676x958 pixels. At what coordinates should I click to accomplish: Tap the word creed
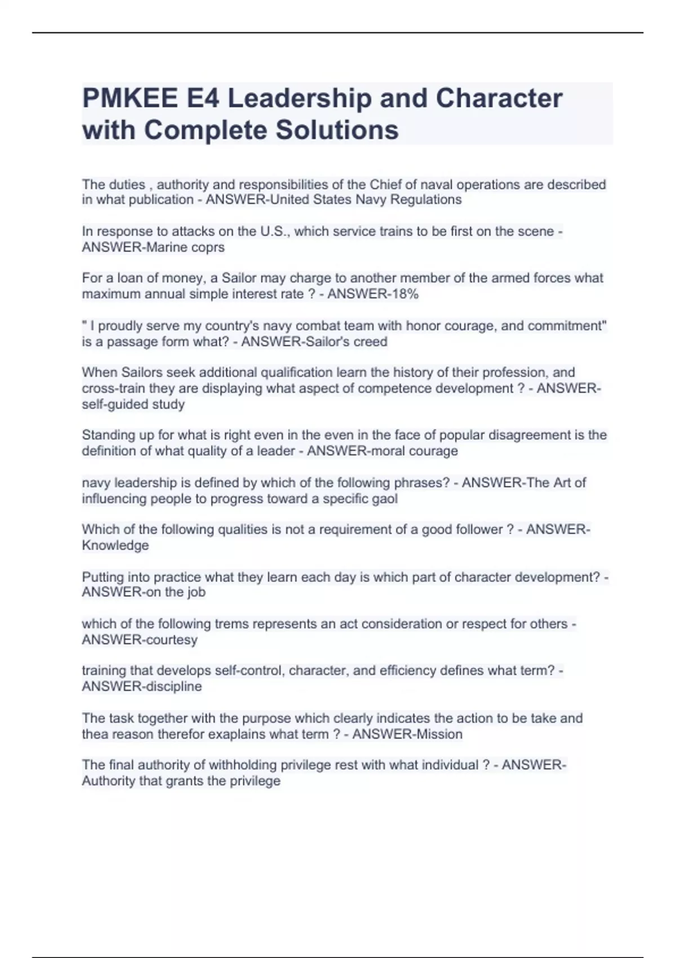click(x=370, y=342)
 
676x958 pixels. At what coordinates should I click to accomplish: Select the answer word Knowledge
click(x=115, y=545)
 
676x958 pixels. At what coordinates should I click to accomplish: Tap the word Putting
click(x=103, y=578)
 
